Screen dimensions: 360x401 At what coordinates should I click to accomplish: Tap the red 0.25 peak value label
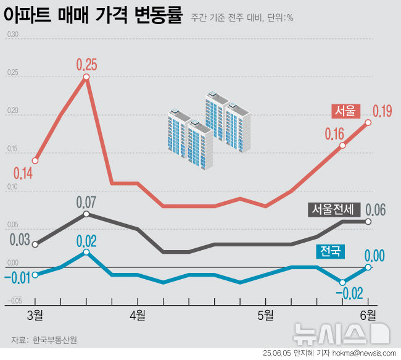tap(87, 64)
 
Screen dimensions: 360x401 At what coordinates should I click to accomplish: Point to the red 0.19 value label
tap(382, 111)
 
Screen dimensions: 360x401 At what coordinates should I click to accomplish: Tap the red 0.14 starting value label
tap(22, 173)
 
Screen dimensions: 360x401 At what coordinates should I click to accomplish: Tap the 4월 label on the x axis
tap(137, 316)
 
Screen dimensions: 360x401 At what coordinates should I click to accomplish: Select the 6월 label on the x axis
tap(368, 316)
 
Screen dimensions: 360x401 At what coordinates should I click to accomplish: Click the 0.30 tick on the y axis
tap(12, 35)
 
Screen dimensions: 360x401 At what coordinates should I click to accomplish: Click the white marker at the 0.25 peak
tap(86, 77)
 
